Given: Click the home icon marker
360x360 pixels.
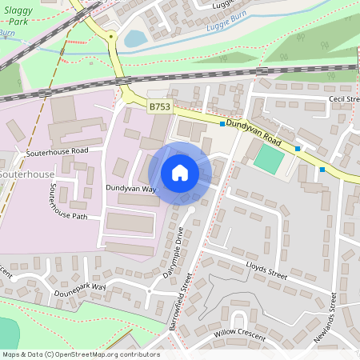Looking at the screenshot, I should (180, 173).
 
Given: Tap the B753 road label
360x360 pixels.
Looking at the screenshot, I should (158, 106).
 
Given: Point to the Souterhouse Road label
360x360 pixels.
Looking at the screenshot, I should (55, 150).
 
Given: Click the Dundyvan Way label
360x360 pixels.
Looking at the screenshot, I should (130, 189).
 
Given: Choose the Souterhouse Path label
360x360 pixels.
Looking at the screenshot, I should (67, 202).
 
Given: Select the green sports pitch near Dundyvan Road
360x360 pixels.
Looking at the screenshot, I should (268, 158).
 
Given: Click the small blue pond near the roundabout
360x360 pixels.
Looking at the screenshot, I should (135, 38).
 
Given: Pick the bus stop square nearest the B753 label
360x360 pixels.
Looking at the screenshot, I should (222, 124).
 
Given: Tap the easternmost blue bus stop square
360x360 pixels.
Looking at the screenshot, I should (322, 169).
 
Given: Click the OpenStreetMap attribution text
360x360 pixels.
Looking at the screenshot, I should (80, 354).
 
